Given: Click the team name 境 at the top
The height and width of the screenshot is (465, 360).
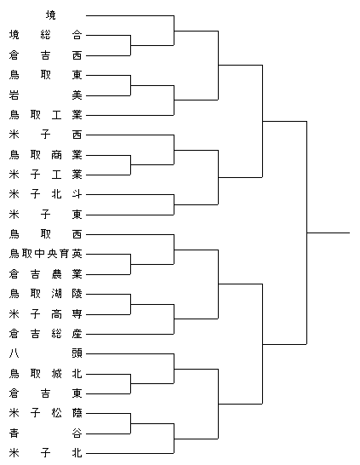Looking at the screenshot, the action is pos(51,15).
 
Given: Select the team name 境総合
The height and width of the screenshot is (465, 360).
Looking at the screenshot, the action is pos(45,35).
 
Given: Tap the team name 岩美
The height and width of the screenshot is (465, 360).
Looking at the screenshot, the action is pos(45,95).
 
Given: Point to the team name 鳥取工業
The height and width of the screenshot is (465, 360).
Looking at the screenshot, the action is pos(45,115).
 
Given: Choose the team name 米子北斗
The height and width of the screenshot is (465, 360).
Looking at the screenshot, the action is pos(45,194).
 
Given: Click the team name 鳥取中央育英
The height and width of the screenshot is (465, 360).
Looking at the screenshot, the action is pos(45,254).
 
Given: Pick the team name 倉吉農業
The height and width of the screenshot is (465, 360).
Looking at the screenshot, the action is pos(45,274).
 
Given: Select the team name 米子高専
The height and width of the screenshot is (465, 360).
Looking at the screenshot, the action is pos(45,313).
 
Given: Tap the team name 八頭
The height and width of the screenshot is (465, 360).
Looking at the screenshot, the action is pos(45,353).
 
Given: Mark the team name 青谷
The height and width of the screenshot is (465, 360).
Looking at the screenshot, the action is pos(45,433).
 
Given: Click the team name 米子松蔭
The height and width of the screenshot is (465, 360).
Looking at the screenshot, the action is pos(45,413).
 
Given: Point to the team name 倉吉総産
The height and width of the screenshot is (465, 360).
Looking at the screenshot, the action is pos(45,334).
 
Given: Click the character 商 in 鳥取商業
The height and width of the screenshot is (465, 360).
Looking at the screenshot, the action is pos(56,154).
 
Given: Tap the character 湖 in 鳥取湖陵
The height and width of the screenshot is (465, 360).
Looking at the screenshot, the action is pos(56,294).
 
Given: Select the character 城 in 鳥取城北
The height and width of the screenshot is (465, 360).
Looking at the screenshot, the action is pos(56,373).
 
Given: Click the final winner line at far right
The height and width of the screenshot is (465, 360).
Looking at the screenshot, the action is pos(329,232).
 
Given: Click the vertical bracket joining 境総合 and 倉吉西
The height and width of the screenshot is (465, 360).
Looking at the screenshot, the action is pos(130,45).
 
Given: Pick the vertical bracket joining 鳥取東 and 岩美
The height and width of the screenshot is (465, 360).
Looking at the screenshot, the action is pos(130,85).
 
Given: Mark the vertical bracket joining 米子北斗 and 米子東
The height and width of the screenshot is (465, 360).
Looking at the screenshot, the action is pos(174,204).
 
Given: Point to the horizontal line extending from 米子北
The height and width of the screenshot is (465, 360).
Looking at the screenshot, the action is pos(129,453).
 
